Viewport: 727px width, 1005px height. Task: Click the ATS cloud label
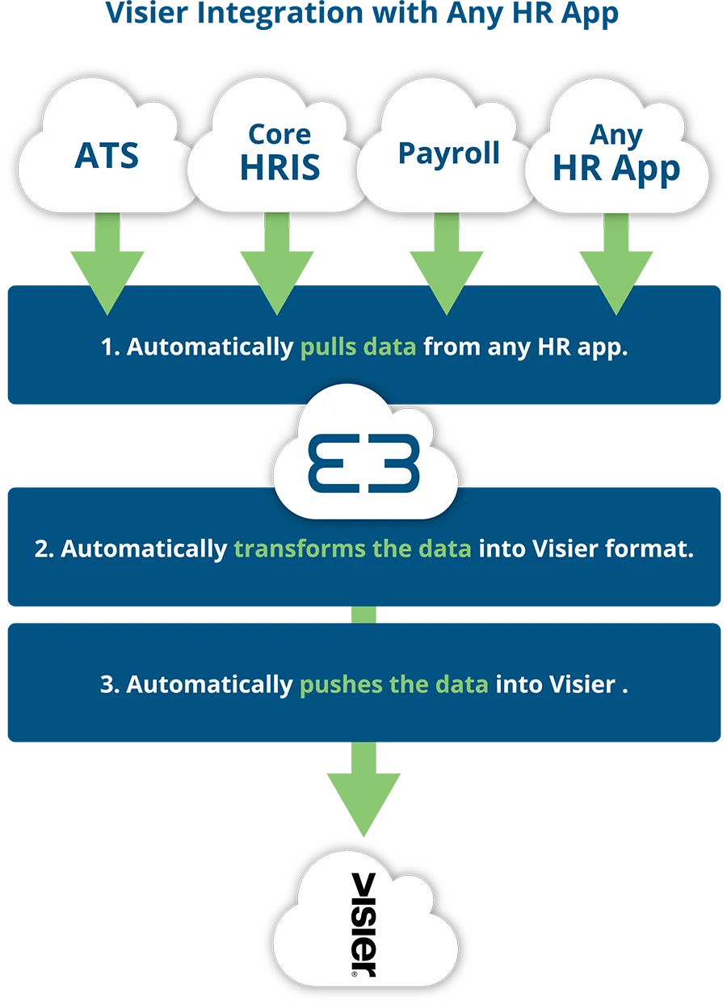(107, 156)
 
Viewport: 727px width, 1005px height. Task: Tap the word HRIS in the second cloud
(279, 168)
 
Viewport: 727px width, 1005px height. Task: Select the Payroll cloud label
(448, 153)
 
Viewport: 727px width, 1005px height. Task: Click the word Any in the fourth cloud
(616, 135)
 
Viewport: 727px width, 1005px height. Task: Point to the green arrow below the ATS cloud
(107, 264)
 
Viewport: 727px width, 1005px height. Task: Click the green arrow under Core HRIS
(277, 264)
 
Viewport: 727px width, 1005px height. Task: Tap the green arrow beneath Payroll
(446, 264)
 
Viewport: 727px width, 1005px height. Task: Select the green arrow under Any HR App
(616, 264)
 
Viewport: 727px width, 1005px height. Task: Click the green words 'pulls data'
(358, 347)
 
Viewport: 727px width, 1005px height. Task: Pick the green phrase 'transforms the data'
(352, 549)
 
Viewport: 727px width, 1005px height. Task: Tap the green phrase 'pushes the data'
(393, 684)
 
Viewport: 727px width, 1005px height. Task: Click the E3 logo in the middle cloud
(363, 463)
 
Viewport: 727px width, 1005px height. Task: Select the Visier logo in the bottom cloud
(363, 925)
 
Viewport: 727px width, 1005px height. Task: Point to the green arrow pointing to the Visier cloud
(363, 789)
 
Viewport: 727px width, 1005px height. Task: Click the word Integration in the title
(279, 14)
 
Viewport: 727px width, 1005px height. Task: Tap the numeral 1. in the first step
(111, 347)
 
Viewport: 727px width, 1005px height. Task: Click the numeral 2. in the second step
(44, 549)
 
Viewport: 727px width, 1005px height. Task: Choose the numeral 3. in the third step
(110, 684)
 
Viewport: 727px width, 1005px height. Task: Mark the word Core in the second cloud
(279, 135)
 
